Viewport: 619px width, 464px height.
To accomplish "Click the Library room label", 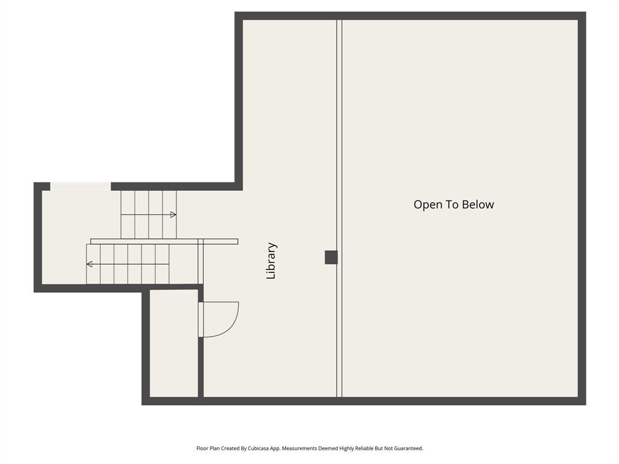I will point(271,261).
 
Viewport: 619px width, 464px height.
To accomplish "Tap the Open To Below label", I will point(453,205).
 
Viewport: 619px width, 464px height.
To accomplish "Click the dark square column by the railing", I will point(331,257).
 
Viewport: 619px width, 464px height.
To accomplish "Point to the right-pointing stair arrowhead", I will point(173,214).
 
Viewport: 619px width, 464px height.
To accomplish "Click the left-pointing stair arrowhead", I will point(89,264).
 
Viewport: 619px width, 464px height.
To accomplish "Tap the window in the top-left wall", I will point(80,187).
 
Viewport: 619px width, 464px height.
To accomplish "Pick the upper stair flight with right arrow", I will point(148,214).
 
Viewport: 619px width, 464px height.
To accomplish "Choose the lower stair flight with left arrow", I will point(128,264).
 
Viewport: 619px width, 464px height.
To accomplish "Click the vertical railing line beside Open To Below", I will point(339,151).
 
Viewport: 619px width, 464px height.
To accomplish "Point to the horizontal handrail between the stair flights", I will point(164,242).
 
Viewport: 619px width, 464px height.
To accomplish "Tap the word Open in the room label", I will point(427,205).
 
